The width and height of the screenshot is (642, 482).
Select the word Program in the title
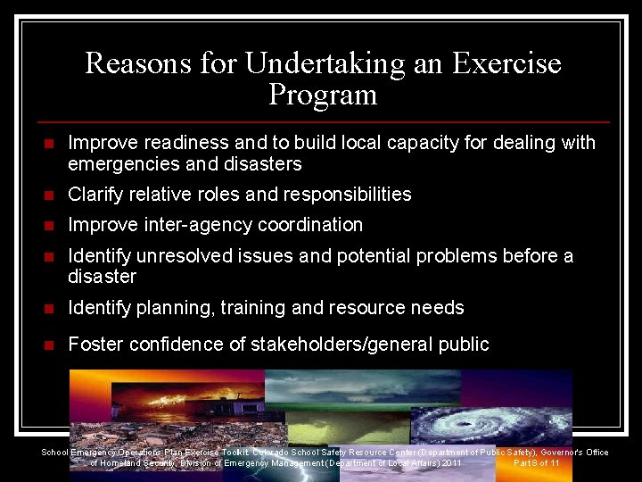tap(322, 95)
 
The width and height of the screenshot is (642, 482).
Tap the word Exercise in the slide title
tap(506, 63)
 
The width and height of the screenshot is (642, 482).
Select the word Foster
tap(94, 345)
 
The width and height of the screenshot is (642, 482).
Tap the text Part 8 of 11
tap(536, 463)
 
